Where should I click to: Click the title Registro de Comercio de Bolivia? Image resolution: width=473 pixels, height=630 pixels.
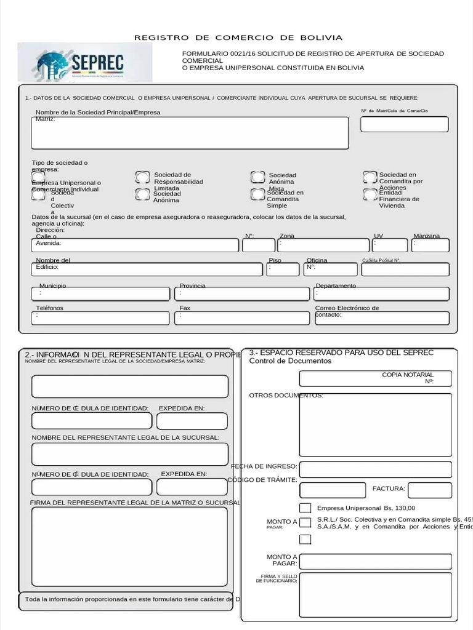tap(238, 38)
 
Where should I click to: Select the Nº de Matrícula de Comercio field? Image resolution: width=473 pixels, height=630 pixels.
tap(404, 124)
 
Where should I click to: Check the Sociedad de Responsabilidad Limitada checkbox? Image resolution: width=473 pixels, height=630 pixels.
tap(142, 178)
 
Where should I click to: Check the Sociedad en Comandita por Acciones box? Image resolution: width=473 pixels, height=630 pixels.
tap(370, 178)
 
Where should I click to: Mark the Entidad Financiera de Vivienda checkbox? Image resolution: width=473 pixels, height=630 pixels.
tap(370, 195)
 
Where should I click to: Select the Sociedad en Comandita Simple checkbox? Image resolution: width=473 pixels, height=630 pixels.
tap(258, 194)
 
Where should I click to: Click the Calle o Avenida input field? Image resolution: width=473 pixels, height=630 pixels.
tap(135, 245)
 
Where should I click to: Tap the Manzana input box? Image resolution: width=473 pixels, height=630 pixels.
tap(431, 245)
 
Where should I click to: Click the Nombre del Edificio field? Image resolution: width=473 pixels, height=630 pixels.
tap(148, 269)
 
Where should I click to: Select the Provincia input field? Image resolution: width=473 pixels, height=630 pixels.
tap(243, 294)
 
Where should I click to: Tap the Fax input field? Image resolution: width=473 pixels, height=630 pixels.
tap(243, 318)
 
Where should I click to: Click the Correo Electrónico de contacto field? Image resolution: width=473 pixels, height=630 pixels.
tap(381, 318)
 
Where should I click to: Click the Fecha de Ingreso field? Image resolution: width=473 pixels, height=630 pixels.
tap(375, 469)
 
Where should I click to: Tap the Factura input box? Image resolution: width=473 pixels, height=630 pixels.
tap(429, 490)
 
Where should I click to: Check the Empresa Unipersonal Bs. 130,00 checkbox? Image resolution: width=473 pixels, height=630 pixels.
tap(305, 508)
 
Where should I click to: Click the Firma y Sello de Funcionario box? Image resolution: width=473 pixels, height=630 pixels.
tap(375, 594)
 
